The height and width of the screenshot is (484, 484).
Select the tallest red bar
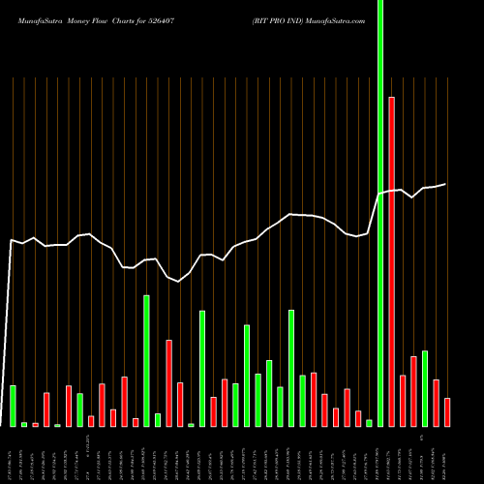(391, 261)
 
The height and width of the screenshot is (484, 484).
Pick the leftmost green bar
(13, 406)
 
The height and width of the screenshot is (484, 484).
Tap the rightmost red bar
(447, 411)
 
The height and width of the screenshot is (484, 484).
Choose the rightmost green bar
(425, 388)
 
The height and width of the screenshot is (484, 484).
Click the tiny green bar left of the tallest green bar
(369, 422)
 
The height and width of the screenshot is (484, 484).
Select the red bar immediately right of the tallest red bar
(403, 401)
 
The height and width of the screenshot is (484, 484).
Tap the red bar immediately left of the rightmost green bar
(413, 391)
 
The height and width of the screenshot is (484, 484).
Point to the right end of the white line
(446, 184)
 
